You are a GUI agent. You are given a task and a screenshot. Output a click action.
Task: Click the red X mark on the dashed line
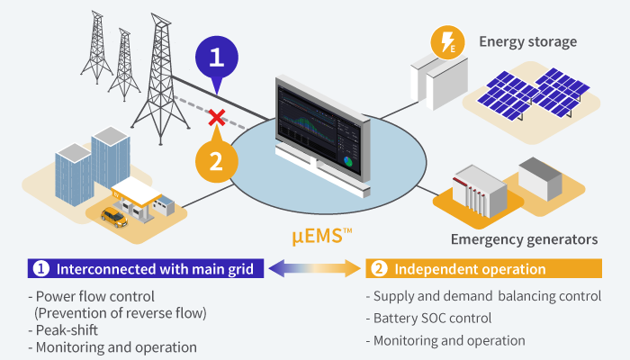click(216, 117)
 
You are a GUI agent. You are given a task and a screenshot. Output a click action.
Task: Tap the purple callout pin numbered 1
click(215, 58)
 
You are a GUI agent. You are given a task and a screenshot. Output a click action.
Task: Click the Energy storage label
click(527, 41)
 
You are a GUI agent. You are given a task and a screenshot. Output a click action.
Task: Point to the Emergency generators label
click(524, 239)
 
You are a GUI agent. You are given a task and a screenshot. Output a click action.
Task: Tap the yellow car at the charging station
click(113, 216)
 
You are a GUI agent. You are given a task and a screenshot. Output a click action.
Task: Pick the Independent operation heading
click(471, 269)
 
